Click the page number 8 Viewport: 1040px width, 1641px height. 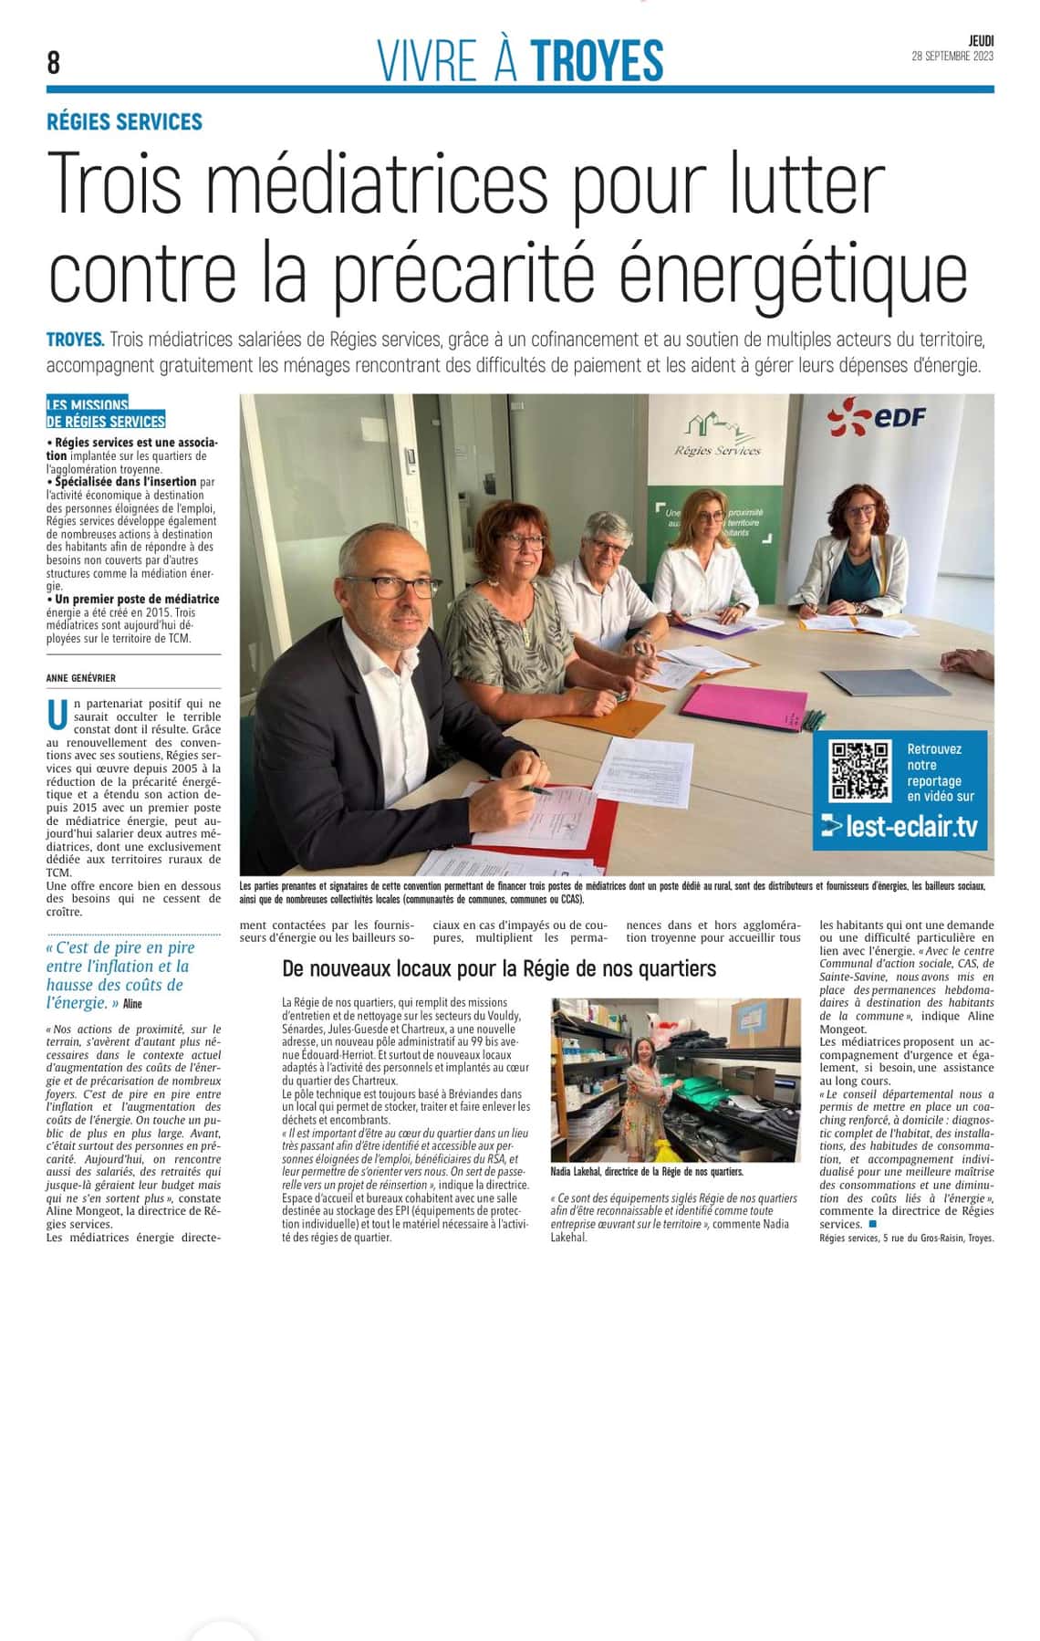(54, 62)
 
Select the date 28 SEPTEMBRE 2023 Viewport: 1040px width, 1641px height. (952, 57)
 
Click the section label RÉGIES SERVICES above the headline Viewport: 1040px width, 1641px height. (124, 122)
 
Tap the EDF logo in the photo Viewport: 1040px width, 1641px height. (877, 417)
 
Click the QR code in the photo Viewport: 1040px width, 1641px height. (858, 770)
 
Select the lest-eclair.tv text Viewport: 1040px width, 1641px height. (900, 827)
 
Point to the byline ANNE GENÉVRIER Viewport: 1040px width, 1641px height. (81, 678)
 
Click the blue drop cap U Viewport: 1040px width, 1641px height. (57, 716)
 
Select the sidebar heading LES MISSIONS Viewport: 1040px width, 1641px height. (88, 404)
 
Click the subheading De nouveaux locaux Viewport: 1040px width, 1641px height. (499, 968)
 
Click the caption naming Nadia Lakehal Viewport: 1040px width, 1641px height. (647, 1171)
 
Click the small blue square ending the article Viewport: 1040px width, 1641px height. (872, 1224)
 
